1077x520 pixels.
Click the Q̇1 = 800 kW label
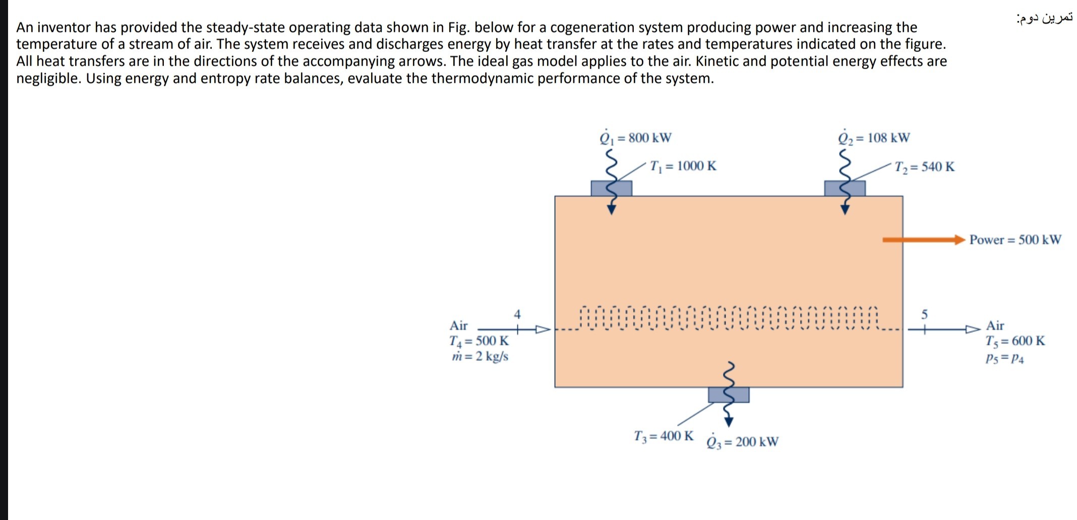635,138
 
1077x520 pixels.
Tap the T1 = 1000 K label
683,166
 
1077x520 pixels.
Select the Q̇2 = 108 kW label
874,138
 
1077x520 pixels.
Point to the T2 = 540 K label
924,167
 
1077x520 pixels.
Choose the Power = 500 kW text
1015,240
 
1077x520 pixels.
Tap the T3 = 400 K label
664,436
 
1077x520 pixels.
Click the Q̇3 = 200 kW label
742,442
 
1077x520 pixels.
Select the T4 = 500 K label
479,341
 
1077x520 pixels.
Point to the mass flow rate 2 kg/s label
480,357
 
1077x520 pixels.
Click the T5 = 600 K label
1015,341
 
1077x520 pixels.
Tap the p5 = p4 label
1004,359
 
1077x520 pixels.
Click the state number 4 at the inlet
517,314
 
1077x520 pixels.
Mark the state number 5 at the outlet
924,314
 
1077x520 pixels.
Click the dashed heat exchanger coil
728,318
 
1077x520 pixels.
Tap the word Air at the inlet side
458,325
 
